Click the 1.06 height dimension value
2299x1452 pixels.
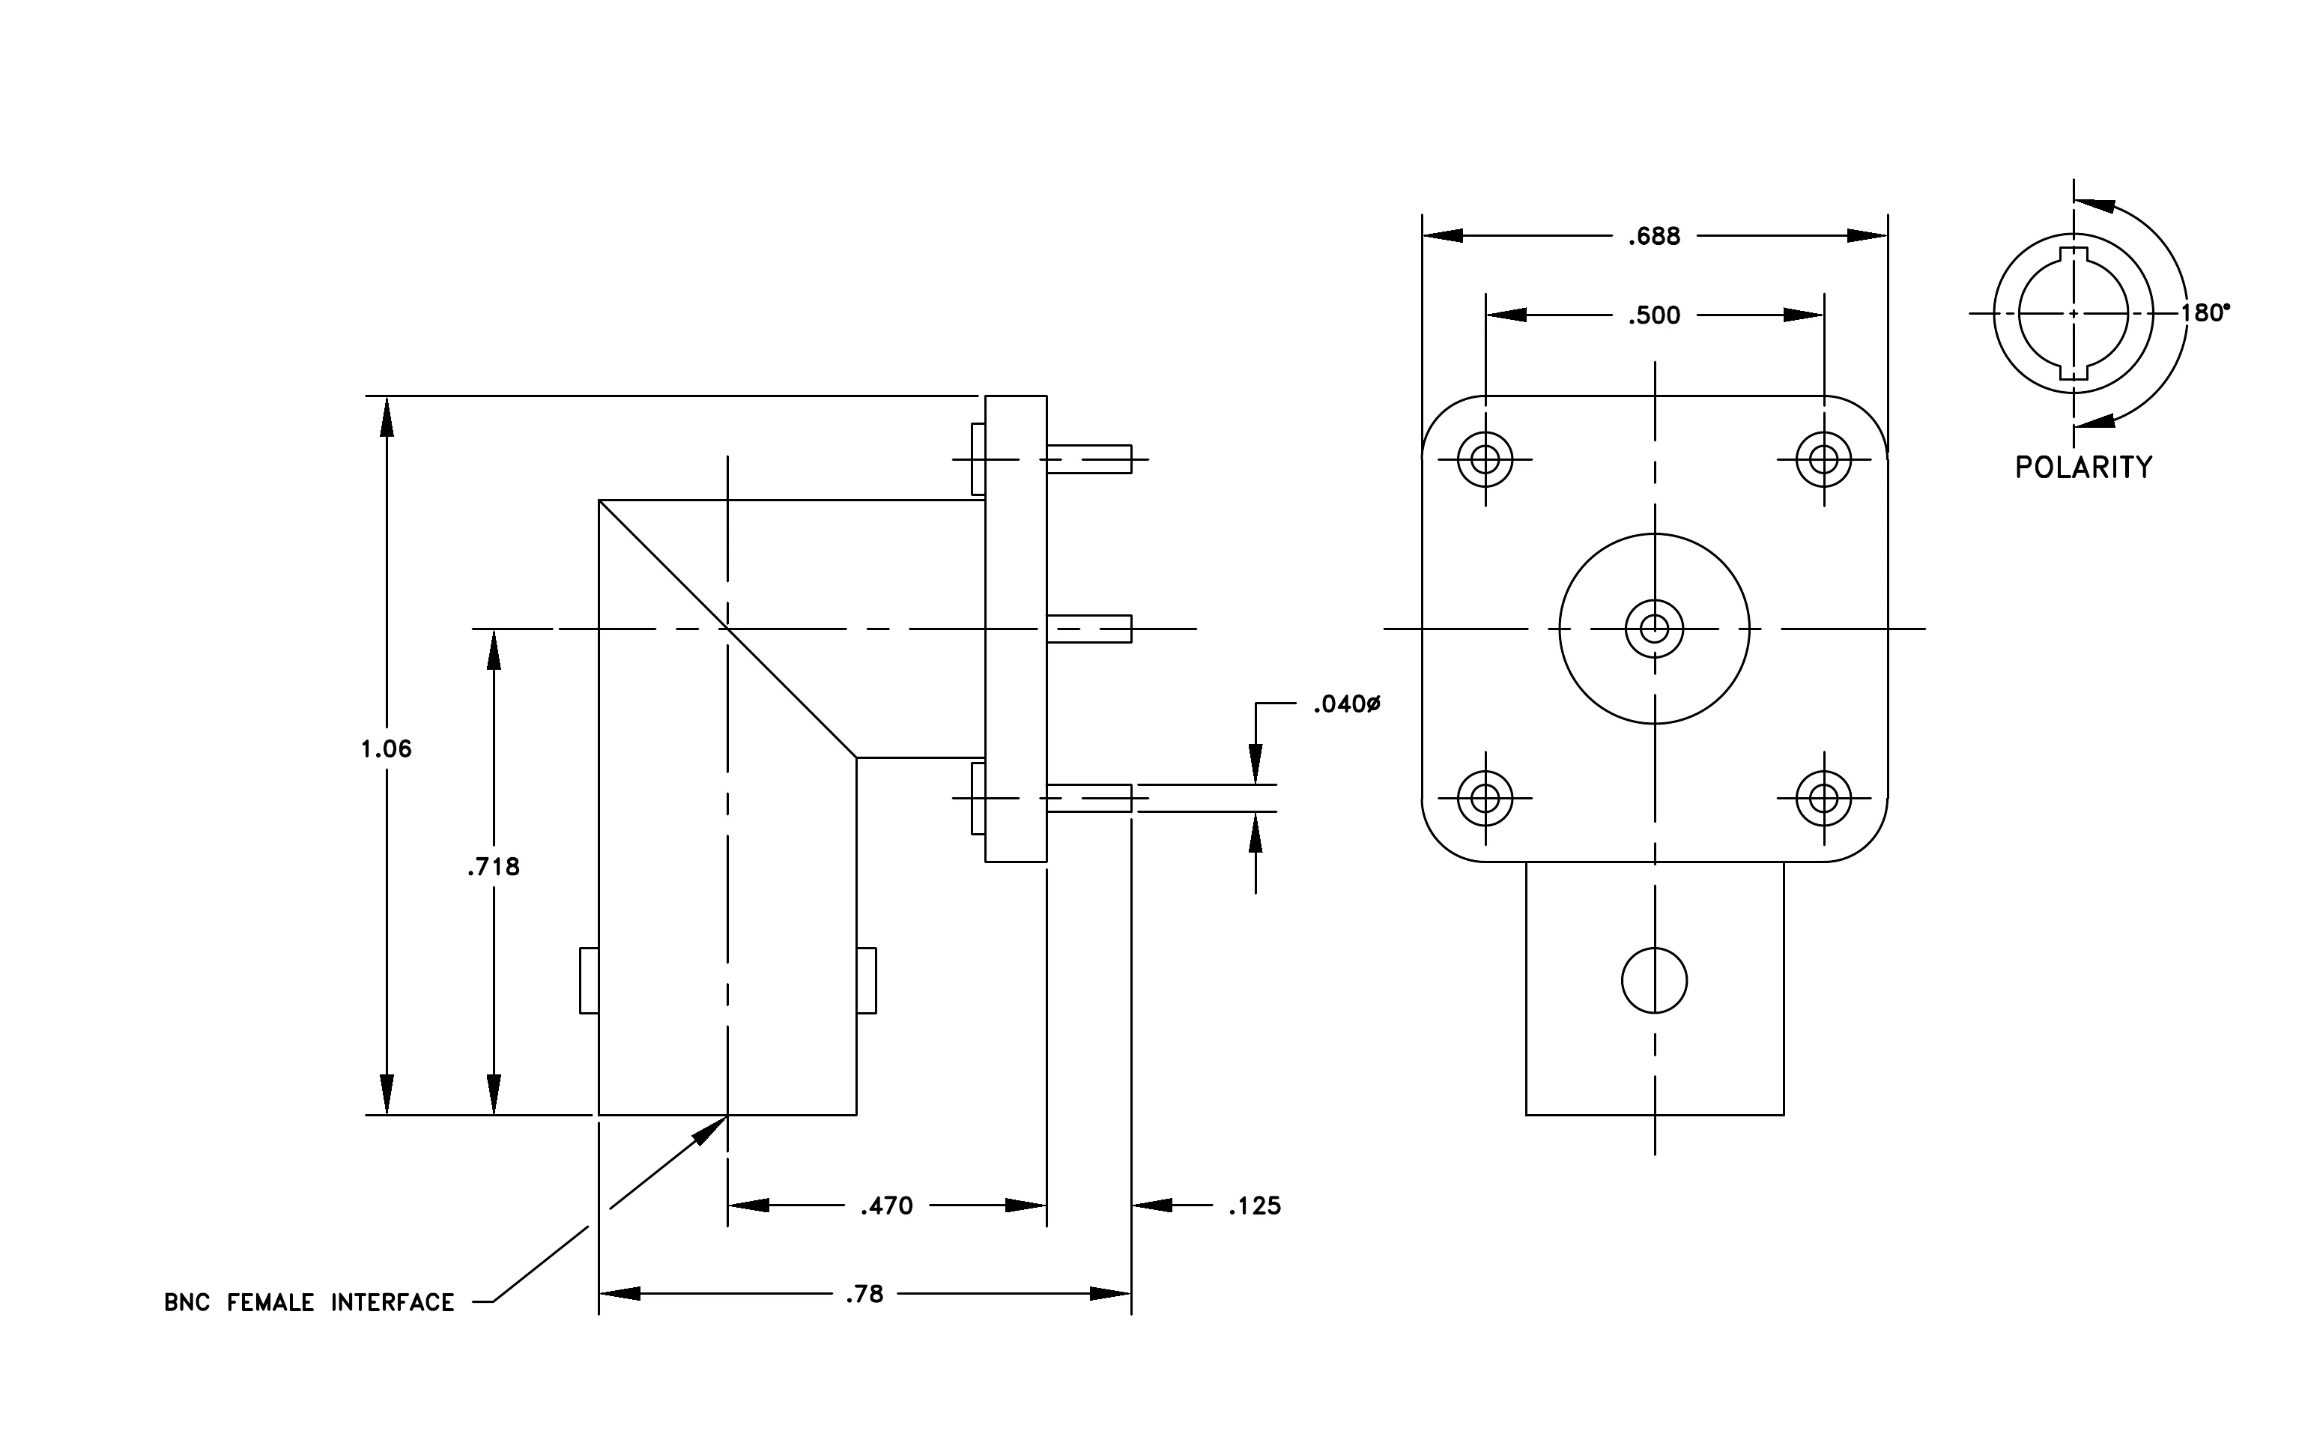(x=386, y=749)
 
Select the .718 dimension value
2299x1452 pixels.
(x=494, y=867)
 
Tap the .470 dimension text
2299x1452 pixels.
(x=887, y=1206)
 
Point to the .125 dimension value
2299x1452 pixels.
(x=1255, y=1206)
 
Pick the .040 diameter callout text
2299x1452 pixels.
(x=1347, y=704)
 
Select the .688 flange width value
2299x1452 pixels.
(x=1655, y=236)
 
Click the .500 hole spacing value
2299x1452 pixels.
(x=1655, y=315)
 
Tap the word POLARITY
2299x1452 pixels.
(x=2084, y=467)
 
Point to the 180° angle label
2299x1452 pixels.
(x=2205, y=313)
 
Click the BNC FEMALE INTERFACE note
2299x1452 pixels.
(x=309, y=1302)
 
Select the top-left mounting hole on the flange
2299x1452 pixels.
(x=1485, y=459)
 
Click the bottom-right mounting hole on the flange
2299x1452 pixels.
(x=1823, y=797)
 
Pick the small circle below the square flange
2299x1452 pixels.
(x=1655, y=981)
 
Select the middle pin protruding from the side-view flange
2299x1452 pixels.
(x=1089, y=629)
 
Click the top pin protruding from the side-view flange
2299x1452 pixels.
(x=1089, y=459)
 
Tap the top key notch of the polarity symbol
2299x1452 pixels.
(x=2074, y=254)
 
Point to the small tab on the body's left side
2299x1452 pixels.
(x=589, y=981)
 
